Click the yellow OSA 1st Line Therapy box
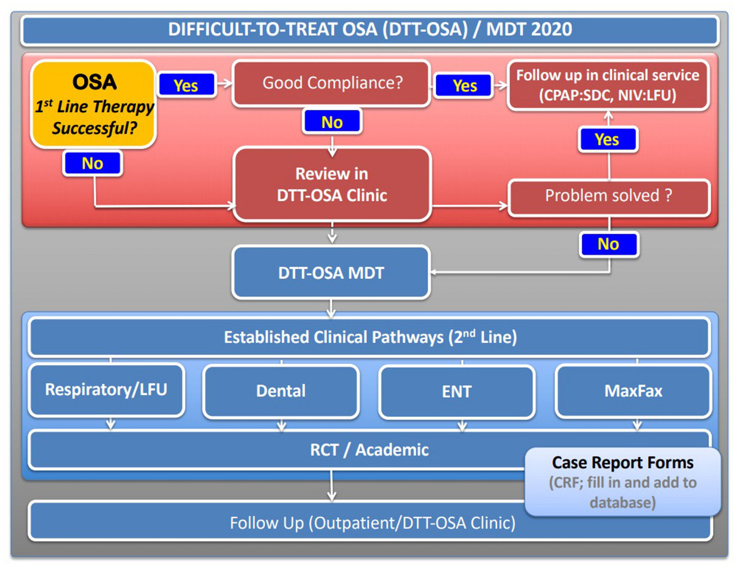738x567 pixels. pos(93,104)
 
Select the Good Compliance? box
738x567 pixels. pos(331,83)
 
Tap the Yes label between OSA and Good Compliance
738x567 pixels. pos(186,85)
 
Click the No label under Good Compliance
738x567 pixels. pos(332,121)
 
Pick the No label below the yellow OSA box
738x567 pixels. pos(92,164)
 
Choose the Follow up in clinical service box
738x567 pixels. pos(608,85)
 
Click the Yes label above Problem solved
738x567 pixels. pos(608,139)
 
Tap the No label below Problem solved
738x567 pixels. pos(609,244)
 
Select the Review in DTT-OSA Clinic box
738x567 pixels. pos(332,184)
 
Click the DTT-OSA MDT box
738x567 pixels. pos(331,273)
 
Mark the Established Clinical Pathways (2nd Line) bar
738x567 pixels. pos(369,337)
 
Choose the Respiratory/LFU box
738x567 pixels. pos(106,390)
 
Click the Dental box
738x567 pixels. pos(281,391)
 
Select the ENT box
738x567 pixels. pos(457,392)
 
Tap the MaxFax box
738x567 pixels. pos(633,391)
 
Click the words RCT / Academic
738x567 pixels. pos(369,450)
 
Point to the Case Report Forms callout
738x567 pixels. pos(622,482)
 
